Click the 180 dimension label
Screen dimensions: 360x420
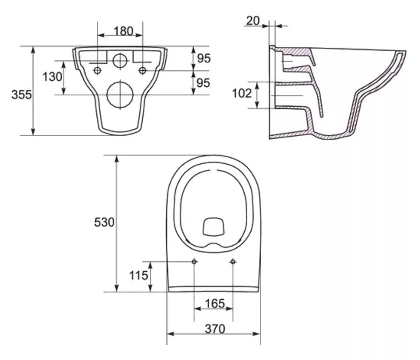(x=120, y=31)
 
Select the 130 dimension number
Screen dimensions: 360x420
(x=52, y=77)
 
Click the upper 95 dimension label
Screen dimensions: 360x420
(x=203, y=59)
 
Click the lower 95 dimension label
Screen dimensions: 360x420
(x=203, y=83)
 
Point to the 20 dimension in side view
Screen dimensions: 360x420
(x=252, y=20)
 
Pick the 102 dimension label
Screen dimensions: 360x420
(x=242, y=94)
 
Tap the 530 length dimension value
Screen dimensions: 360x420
(x=104, y=222)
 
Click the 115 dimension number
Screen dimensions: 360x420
(x=138, y=276)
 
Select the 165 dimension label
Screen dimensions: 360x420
(x=215, y=303)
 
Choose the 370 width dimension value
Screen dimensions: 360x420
(x=215, y=329)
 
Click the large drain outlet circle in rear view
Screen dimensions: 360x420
(x=119, y=94)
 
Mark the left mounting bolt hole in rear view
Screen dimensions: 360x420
(x=97, y=70)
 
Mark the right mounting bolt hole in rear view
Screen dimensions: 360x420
(x=143, y=70)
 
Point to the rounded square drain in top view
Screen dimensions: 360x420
(x=214, y=227)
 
